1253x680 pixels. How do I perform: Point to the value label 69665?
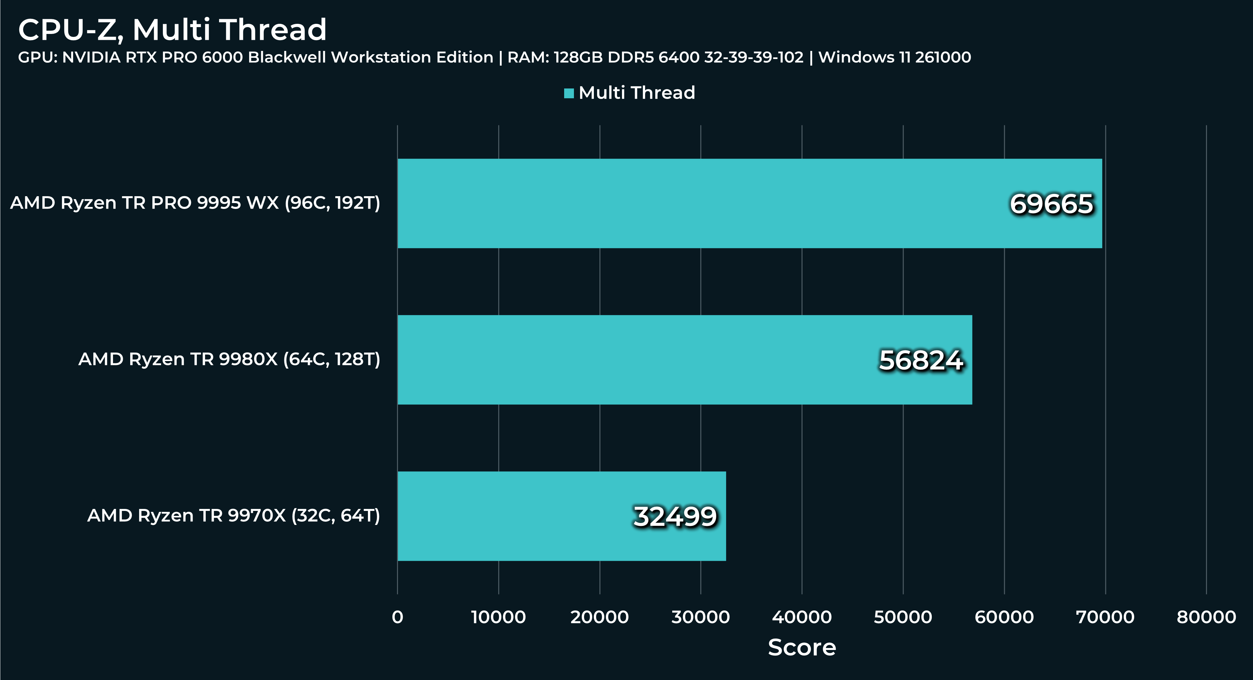1051,204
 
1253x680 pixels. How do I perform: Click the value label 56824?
921,360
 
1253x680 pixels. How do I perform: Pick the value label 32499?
675,516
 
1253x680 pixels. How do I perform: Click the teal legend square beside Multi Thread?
569,93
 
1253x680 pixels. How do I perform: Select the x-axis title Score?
801,647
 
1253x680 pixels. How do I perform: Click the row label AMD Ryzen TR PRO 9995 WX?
195,203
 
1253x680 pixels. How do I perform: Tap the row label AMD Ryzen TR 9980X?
229,359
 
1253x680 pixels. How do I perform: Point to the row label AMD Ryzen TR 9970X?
233,515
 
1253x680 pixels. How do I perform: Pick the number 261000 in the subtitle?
943,57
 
